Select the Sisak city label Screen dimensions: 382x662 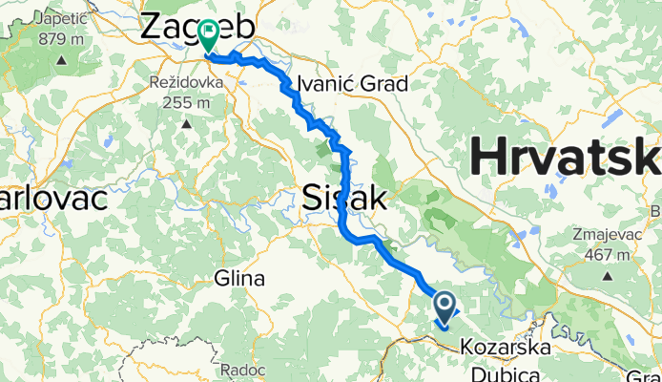[x=344, y=198]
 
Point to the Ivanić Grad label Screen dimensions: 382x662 [x=353, y=83]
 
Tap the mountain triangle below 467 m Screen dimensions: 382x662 [x=608, y=277]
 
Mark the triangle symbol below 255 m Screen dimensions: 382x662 [x=187, y=123]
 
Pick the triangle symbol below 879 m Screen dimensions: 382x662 [x=60, y=60]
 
